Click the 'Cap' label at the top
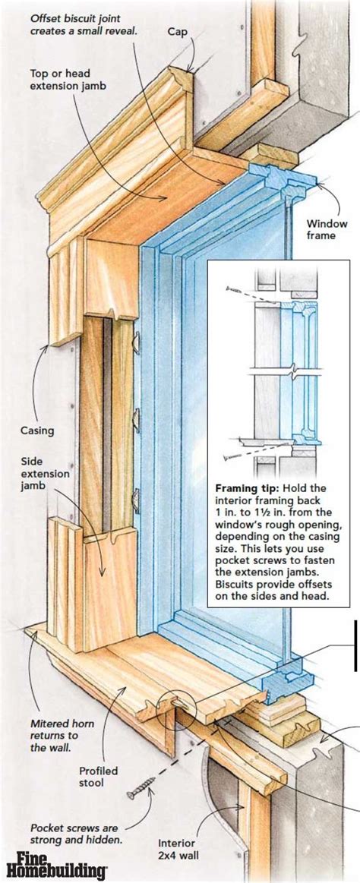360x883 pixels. coord(177,32)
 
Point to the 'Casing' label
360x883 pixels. coord(37,431)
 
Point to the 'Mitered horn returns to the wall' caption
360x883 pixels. coord(55,734)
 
